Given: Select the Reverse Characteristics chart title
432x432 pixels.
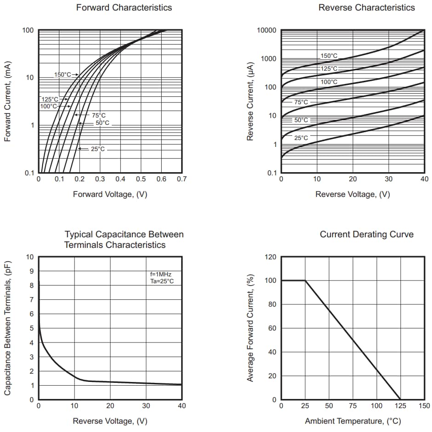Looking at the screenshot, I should (366, 7).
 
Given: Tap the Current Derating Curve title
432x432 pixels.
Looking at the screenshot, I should (366, 235).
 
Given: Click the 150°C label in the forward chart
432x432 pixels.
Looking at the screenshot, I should (63, 74).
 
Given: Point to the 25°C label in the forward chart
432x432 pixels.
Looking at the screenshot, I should (97, 149).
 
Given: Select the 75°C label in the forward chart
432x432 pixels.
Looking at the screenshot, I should (98, 115).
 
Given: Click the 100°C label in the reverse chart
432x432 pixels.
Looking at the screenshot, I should (329, 82).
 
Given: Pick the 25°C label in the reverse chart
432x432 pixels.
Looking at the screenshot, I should (301, 138).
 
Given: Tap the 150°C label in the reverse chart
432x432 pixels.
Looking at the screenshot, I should (329, 56).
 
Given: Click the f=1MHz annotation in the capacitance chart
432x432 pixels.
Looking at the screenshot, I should (161, 274).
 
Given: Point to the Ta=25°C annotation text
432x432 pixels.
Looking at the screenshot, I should (162, 281).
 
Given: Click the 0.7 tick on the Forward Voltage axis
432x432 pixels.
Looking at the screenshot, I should (182, 179).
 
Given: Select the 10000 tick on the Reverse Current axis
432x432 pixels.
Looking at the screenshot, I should (267, 30).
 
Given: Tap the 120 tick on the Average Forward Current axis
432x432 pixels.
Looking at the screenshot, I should (271, 257).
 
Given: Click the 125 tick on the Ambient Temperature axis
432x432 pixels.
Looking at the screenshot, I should (400, 406).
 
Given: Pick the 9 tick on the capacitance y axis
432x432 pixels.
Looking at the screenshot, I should (32, 271).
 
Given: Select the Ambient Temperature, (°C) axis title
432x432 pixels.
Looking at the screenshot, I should (352, 421).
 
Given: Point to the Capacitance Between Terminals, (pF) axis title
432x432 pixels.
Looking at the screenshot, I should (8, 328).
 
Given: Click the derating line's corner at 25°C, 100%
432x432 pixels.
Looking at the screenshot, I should (305, 281).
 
